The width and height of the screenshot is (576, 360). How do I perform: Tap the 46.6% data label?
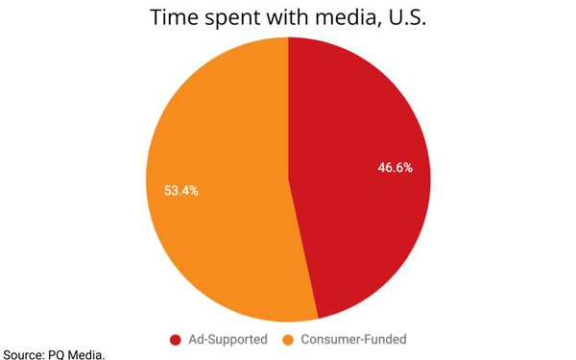(x=395, y=167)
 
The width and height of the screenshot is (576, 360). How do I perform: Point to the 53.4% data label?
(x=180, y=190)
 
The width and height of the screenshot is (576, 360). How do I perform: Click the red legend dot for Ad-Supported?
(x=176, y=339)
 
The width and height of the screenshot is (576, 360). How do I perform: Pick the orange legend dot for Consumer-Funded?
(x=288, y=339)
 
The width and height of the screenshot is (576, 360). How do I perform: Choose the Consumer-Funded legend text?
(x=353, y=339)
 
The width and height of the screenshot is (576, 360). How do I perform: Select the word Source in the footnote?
(x=20, y=354)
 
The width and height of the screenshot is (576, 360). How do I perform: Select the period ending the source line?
(x=104, y=357)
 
